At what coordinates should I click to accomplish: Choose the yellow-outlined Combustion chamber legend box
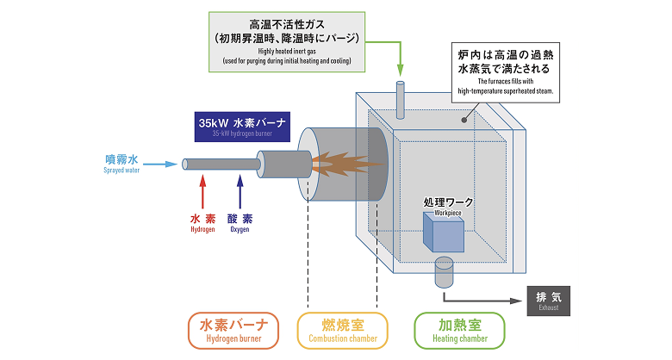click(342, 331)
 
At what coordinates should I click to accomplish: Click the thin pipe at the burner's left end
click(220, 164)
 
